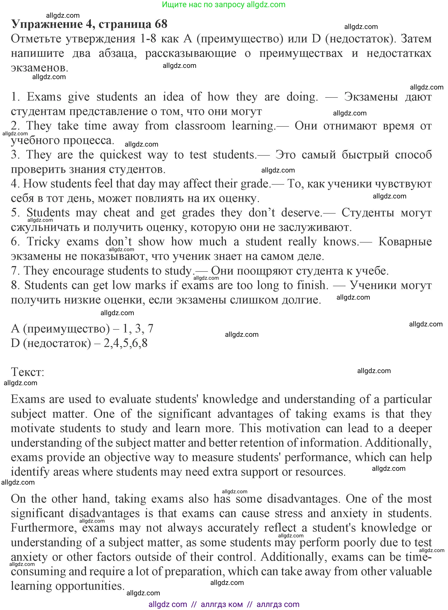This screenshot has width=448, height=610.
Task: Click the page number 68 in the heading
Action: click(161, 24)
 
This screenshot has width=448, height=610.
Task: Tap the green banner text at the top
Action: click(223, 4)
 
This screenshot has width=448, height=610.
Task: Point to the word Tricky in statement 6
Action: click(43, 242)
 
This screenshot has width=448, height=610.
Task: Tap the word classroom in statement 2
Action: click(200, 126)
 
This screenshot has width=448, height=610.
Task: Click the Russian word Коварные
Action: click(405, 242)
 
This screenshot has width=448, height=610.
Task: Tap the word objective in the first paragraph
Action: click(127, 458)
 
